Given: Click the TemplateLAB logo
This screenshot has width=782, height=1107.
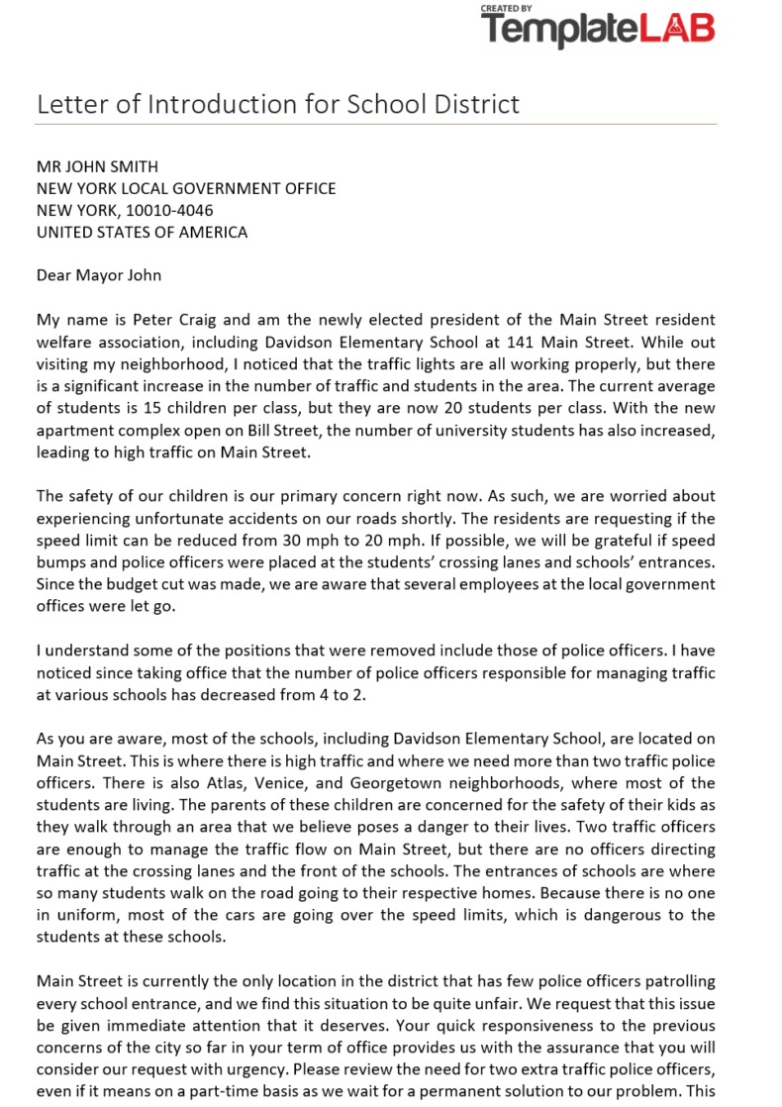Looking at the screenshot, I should click(597, 28).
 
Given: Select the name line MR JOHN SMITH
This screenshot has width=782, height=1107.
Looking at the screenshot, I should click(97, 166).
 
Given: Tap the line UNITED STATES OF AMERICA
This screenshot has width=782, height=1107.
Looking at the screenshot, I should click(142, 233).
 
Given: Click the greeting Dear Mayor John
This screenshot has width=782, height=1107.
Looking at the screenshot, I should click(99, 275).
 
